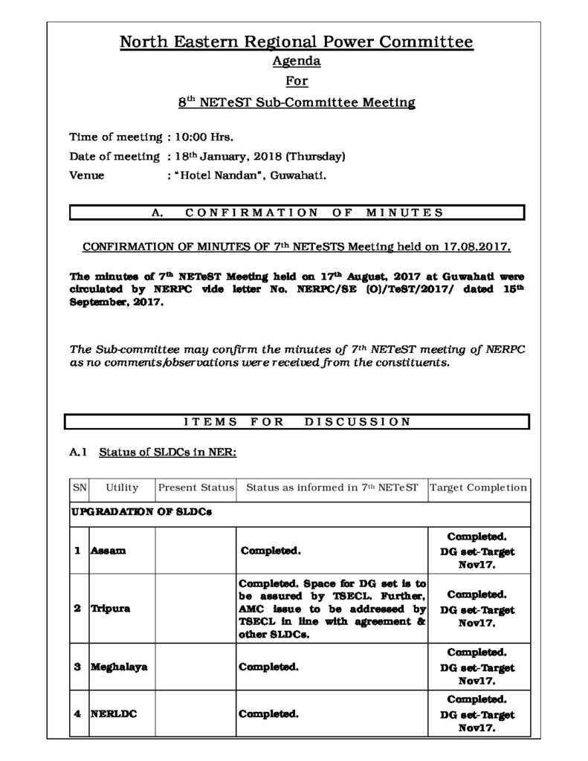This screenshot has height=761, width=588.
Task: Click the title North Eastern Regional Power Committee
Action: click(296, 42)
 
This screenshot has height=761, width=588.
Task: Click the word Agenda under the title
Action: click(296, 62)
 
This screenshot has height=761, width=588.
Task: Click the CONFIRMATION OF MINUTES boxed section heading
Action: click(296, 213)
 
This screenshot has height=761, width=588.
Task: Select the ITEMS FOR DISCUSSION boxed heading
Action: click(296, 422)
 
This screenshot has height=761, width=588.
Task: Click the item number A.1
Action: click(79, 450)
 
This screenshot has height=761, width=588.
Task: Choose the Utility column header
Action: click(122, 488)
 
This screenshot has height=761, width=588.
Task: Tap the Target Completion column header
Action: click(479, 488)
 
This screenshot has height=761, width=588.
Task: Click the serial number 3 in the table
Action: click(77, 667)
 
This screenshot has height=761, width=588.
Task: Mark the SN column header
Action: click(79, 488)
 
